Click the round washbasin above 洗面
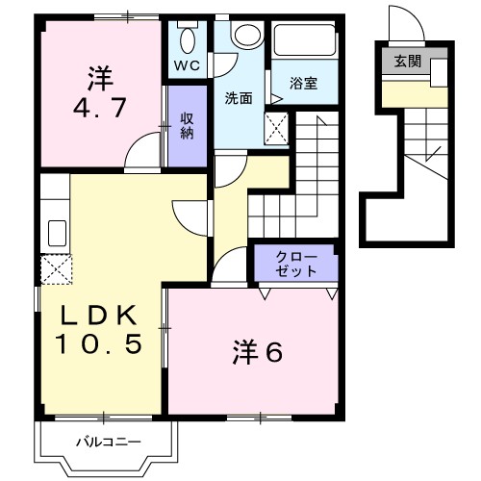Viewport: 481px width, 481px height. point(247,36)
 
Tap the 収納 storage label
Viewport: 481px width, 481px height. point(186,125)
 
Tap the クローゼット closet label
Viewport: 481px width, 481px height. point(295,264)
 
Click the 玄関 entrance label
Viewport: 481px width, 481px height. point(408,61)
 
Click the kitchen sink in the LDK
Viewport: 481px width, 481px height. point(55,234)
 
